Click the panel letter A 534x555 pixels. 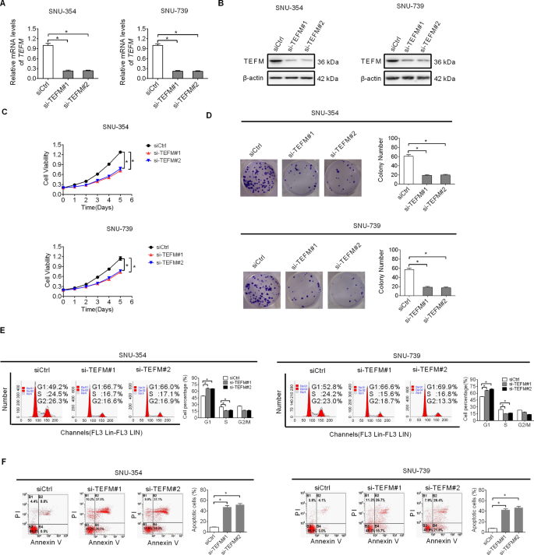coord(6,6)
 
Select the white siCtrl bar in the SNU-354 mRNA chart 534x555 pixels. coord(48,62)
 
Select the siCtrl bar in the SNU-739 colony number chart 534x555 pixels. coord(408,283)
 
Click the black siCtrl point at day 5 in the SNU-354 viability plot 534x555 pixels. coord(120,153)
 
